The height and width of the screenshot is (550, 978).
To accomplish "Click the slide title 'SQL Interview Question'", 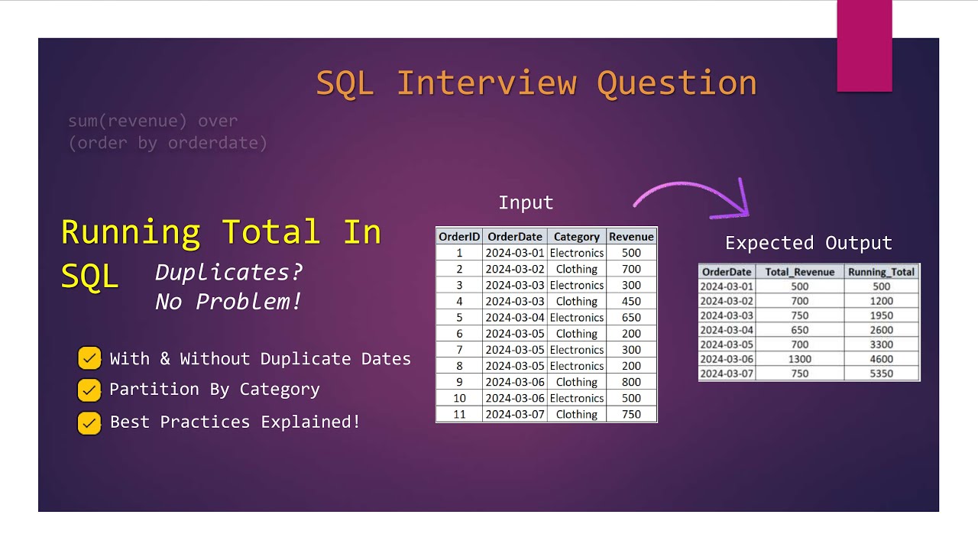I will pyautogui.click(x=536, y=82).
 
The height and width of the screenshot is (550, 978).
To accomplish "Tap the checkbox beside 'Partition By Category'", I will pyautogui.click(x=89, y=390).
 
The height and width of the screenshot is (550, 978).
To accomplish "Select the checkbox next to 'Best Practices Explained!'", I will pyautogui.click(x=89, y=422).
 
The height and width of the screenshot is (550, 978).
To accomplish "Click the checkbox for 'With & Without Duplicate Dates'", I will pyautogui.click(x=89, y=358).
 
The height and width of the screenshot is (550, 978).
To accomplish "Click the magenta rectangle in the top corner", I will pyautogui.click(x=864, y=46).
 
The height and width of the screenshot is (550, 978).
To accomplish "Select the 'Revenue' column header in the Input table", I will pyautogui.click(x=631, y=237).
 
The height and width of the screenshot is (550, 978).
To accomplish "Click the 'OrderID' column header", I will pyautogui.click(x=459, y=237).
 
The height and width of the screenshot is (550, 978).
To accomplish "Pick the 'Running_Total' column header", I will pyautogui.click(x=881, y=272).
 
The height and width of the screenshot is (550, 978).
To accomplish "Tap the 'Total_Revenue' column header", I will pyautogui.click(x=800, y=272).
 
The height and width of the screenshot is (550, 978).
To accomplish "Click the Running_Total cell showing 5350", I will pyautogui.click(x=881, y=374).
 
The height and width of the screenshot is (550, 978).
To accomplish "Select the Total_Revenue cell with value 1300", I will pyautogui.click(x=800, y=359).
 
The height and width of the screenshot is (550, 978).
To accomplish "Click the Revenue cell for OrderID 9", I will pyautogui.click(x=631, y=382).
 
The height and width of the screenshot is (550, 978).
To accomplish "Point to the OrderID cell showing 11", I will pyautogui.click(x=459, y=414).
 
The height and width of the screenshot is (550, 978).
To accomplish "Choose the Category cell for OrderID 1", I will pyautogui.click(x=577, y=253).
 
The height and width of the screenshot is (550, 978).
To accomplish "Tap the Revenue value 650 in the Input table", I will pyautogui.click(x=631, y=318).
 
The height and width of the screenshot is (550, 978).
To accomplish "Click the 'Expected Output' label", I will pyautogui.click(x=808, y=243).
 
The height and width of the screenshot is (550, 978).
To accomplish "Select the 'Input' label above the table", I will pyautogui.click(x=526, y=202).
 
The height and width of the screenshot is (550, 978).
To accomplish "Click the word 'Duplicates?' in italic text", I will pyautogui.click(x=229, y=272).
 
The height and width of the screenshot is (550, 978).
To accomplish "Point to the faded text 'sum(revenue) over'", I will pyautogui.click(x=153, y=121).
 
